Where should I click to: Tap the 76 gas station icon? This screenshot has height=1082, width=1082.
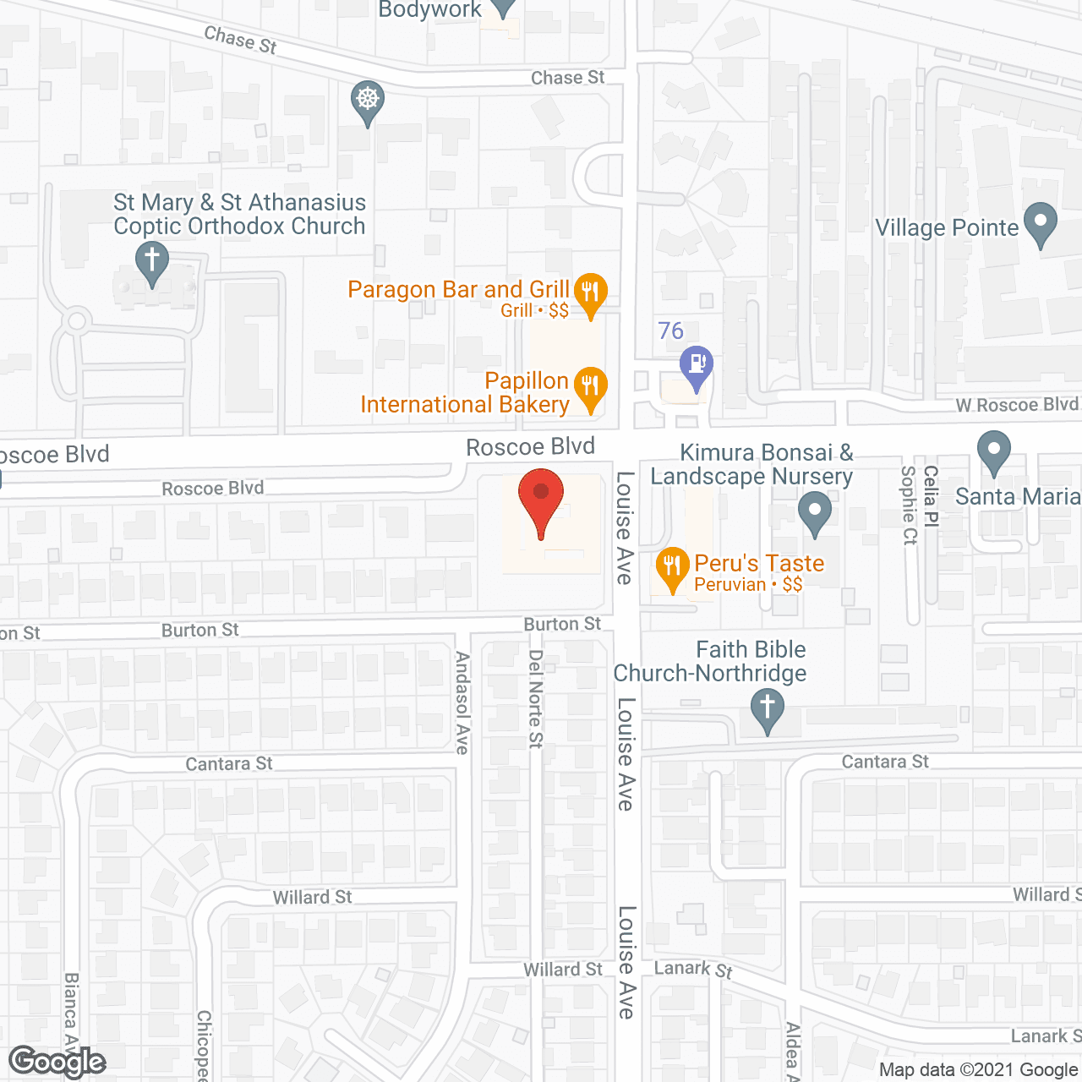coord(697,367)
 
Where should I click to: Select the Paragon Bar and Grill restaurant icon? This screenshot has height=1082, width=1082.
coord(590,294)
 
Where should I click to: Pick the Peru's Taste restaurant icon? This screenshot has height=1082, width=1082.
coord(672,568)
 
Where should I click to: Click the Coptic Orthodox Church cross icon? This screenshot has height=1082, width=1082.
coord(152,261)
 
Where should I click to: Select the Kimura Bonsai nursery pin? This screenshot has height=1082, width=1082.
coord(815,512)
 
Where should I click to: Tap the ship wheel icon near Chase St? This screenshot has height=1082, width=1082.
coord(367,101)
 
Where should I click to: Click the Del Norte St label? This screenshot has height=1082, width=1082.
coord(536,698)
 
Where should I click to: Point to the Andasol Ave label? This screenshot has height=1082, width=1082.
coord(462,702)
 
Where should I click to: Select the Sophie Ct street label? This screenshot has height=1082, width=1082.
coord(910,505)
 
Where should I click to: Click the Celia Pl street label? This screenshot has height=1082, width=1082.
coord(931,496)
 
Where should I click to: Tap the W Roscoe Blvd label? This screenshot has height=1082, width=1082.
coord(1016,405)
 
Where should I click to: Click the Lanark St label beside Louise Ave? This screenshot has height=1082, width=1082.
coord(693,969)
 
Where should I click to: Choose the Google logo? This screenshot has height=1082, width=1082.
coord(57,1062)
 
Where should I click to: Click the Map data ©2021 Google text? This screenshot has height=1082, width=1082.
coord(978,1070)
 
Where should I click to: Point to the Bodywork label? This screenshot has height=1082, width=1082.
coord(430,10)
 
